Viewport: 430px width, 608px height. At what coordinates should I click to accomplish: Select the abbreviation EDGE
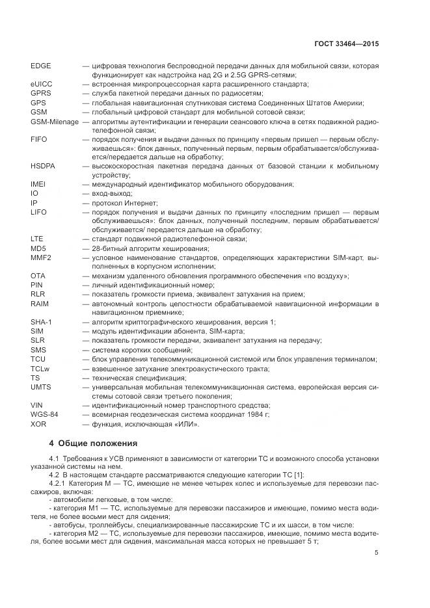[x=41, y=67]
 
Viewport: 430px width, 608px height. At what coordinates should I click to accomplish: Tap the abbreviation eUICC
[x=41, y=85]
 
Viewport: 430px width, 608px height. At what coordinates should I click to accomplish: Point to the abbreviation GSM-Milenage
[x=54, y=122]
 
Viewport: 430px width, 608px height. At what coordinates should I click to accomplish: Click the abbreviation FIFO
[x=39, y=140]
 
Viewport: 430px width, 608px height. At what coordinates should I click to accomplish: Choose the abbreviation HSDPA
[x=43, y=167]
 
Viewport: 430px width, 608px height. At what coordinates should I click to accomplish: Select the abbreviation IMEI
[x=38, y=185]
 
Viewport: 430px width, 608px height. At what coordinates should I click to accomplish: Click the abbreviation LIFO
[x=39, y=213]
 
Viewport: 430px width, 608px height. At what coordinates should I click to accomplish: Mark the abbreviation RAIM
[x=40, y=304]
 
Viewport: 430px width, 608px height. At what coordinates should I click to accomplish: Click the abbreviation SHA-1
[x=41, y=322]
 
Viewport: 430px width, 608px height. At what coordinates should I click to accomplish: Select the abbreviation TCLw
[x=40, y=368]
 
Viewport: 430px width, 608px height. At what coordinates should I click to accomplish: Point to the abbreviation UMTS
[x=40, y=386]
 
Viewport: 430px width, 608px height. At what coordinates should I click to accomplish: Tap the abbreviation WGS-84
[x=44, y=414]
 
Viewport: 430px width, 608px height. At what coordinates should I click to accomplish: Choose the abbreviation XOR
[x=38, y=423]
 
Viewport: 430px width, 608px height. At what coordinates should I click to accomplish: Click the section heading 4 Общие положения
[x=93, y=443]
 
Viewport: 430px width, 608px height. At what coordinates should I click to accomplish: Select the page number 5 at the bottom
[x=377, y=553]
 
